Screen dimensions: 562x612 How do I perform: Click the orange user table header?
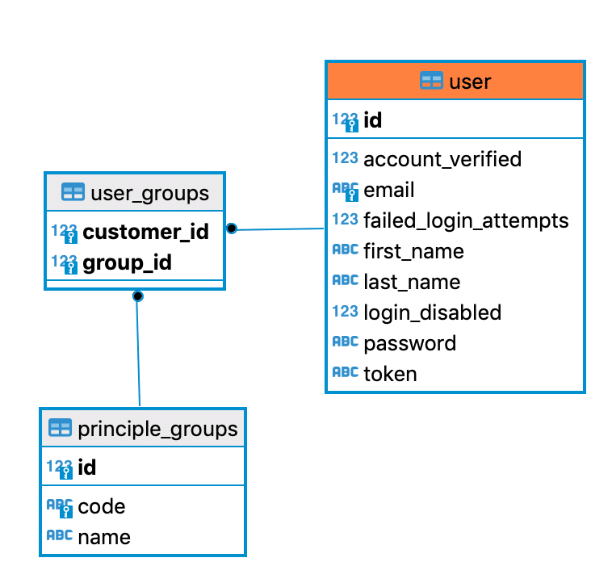(x=455, y=81)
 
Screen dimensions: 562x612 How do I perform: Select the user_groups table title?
(x=149, y=193)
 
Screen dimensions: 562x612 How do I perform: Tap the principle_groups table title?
(x=157, y=428)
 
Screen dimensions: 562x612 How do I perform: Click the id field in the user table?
(x=373, y=120)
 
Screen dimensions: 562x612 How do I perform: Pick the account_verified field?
(x=442, y=159)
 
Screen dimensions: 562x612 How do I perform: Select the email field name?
(x=389, y=190)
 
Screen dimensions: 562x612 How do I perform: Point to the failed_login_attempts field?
(x=466, y=220)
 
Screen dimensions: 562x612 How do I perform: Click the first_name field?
(x=413, y=251)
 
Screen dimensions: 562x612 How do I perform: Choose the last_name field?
(x=412, y=282)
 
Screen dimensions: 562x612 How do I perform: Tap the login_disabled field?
(x=432, y=312)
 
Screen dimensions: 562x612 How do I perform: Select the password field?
(x=409, y=343)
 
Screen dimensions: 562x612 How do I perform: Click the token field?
(x=390, y=374)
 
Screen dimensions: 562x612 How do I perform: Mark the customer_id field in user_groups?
(x=145, y=233)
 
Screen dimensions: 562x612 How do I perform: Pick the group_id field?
(x=127, y=263)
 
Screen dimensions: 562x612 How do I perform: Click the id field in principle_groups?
(x=87, y=468)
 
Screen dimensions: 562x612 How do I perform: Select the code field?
(x=101, y=506)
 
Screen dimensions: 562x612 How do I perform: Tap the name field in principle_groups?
(x=103, y=537)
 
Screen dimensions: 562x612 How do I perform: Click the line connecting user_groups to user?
(x=279, y=229)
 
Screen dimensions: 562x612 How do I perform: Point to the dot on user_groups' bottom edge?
(x=138, y=296)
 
